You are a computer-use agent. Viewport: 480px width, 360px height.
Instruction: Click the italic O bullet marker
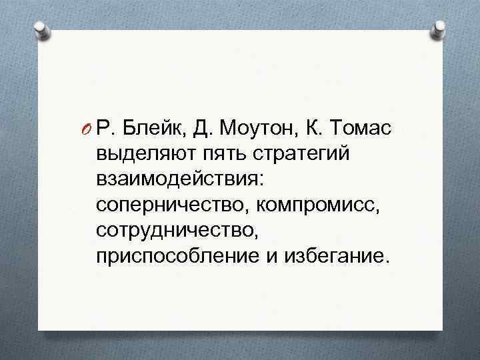[87, 127]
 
